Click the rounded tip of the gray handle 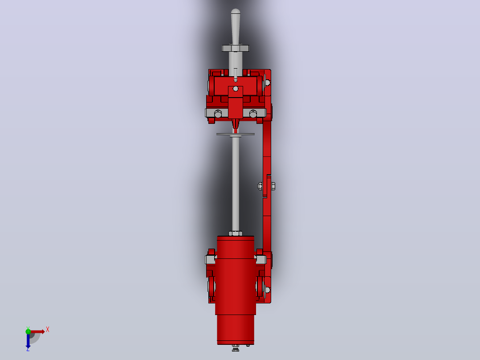click(236, 11)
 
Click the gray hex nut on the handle click(236, 48)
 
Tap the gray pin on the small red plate click(236, 89)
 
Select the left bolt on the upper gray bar click(218, 114)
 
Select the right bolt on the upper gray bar click(253, 114)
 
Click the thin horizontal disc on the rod click(236, 134)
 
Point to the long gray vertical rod click(236, 184)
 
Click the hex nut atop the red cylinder click(236, 233)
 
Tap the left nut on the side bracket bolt click(260, 186)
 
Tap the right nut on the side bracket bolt click(273, 186)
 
